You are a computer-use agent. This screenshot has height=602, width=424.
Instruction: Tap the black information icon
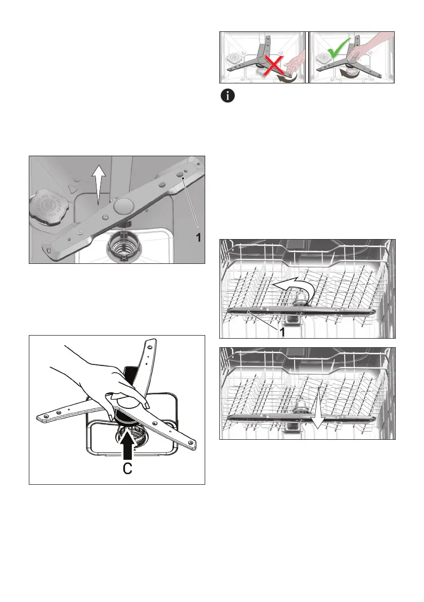click(227, 96)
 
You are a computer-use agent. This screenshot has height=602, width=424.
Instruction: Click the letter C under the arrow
click(127, 469)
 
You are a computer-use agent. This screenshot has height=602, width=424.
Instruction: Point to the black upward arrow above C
click(128, 445)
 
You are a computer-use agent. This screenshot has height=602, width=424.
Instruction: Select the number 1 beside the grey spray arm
click(199, 238)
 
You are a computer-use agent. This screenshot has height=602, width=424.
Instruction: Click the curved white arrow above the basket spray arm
click(294, 288)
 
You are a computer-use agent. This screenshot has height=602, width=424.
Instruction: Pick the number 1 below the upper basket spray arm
click(282, 332)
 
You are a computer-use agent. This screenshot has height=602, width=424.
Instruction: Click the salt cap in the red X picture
click(234, 58)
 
